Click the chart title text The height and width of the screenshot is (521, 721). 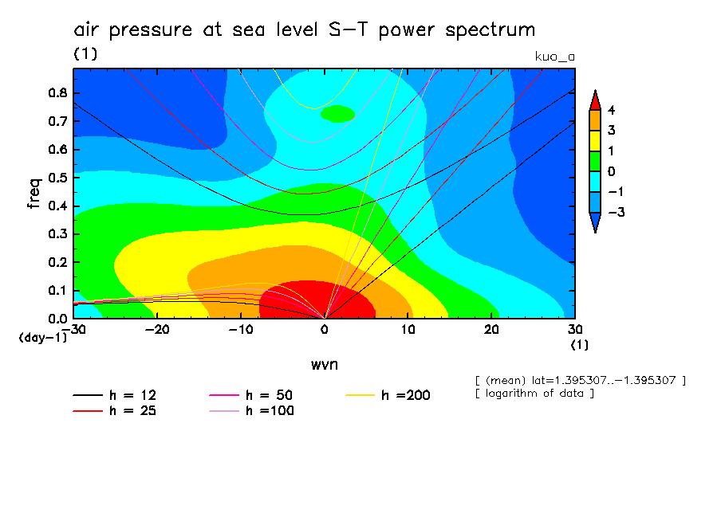[305, 30]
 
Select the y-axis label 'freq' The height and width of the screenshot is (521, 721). [33, 194]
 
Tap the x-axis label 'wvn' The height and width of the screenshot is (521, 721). [324, 364]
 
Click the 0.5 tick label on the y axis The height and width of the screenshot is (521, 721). [58, 177]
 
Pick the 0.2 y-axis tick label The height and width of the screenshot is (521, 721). [58, 262]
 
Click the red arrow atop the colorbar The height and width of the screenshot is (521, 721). [595, 99]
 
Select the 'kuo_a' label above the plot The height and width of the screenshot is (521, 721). [554, 56]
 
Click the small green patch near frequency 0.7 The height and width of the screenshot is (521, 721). [337, 114]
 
